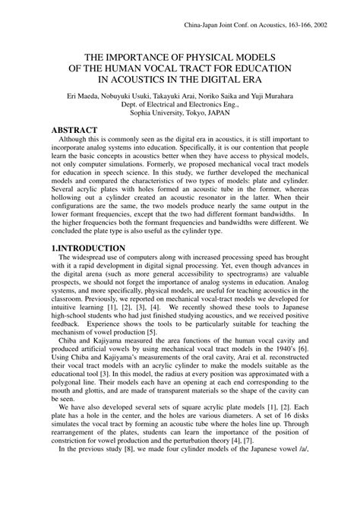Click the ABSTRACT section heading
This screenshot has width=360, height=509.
(x=80, y=131)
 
